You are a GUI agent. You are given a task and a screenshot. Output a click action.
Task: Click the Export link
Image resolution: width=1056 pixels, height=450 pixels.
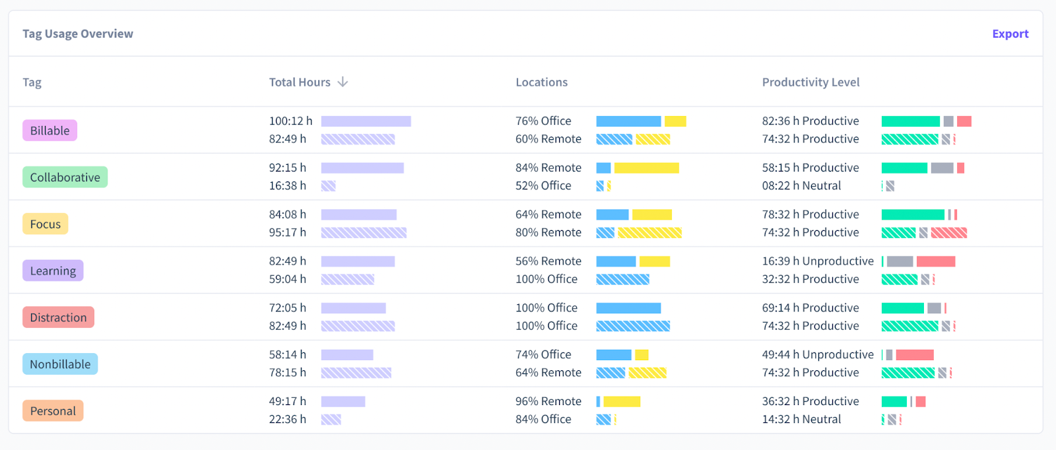1010,34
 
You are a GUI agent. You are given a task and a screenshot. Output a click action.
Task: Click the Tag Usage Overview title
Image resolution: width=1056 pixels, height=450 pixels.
78,34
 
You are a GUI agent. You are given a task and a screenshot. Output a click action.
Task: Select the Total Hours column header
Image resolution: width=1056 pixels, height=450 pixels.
300,82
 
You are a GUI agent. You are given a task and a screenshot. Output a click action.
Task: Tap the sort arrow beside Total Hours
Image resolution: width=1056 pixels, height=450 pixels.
343,82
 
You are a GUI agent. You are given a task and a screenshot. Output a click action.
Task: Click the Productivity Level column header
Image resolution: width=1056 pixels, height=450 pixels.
810,82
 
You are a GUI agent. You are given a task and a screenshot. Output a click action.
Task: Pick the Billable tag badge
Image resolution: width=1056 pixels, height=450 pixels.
50,131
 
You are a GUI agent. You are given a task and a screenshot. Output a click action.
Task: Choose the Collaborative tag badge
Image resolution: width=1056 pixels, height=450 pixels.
65,177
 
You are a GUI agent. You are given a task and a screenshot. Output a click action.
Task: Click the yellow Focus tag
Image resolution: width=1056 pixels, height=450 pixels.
45,224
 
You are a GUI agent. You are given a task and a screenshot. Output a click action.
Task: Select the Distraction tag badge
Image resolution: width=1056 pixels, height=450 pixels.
58,317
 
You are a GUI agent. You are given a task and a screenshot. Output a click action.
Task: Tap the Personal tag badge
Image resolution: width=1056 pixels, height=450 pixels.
53,411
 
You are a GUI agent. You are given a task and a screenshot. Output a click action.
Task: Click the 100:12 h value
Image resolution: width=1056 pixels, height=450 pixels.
290,121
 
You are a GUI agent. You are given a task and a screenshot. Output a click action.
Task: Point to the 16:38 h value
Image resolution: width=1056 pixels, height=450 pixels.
287,186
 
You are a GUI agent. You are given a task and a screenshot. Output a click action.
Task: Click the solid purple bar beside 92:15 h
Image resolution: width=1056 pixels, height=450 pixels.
362,168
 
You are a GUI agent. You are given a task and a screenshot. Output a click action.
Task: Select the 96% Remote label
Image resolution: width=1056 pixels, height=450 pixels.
548,401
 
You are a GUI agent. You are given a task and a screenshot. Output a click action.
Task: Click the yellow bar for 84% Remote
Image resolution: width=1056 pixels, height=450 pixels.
646,168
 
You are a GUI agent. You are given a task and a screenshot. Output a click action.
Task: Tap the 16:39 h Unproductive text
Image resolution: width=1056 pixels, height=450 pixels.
818,261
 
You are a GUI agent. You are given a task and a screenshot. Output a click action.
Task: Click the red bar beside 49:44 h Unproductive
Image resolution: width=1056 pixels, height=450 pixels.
915,355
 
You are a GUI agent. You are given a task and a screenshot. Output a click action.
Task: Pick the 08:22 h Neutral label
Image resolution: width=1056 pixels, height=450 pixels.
801,186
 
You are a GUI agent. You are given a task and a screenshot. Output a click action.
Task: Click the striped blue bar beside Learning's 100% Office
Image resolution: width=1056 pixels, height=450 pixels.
622,280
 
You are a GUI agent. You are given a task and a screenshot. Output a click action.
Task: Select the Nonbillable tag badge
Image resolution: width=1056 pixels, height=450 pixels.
60,364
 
